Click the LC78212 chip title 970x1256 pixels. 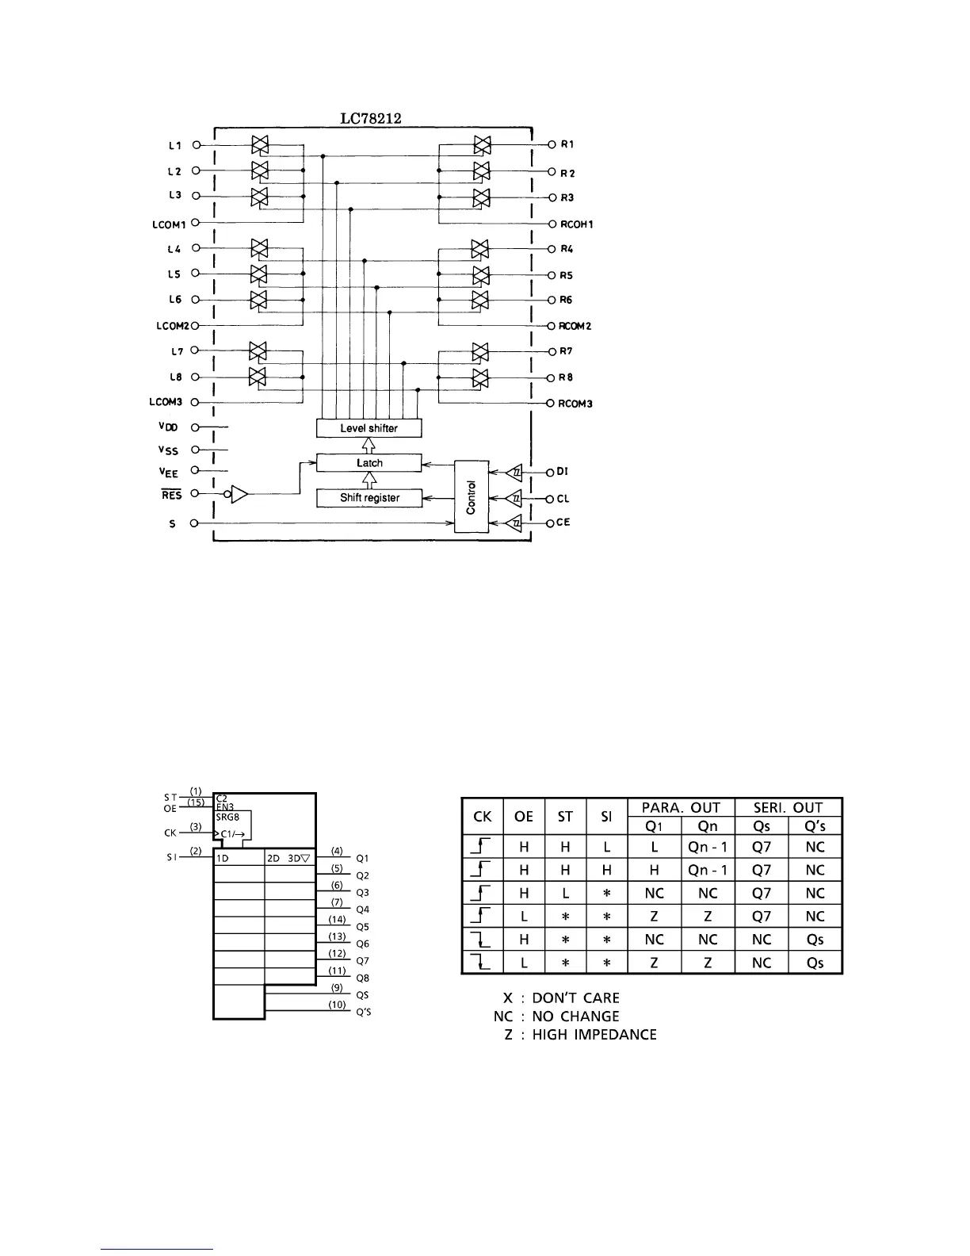371,119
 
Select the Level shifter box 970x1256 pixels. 369,428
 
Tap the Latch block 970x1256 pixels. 369,463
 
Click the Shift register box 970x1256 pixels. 369,498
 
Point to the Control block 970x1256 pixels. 472,497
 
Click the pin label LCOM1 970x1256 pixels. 169,224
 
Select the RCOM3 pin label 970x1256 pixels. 575,404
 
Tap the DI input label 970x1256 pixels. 562,471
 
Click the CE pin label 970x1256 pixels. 563,523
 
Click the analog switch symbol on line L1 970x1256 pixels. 259,145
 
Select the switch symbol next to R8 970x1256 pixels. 480,377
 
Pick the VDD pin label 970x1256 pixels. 168,427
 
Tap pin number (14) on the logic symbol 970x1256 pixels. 337,919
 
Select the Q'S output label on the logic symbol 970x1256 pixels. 363,1012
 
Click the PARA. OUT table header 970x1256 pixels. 682,807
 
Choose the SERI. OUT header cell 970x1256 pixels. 788,807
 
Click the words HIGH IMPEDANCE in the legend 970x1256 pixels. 594,1034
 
